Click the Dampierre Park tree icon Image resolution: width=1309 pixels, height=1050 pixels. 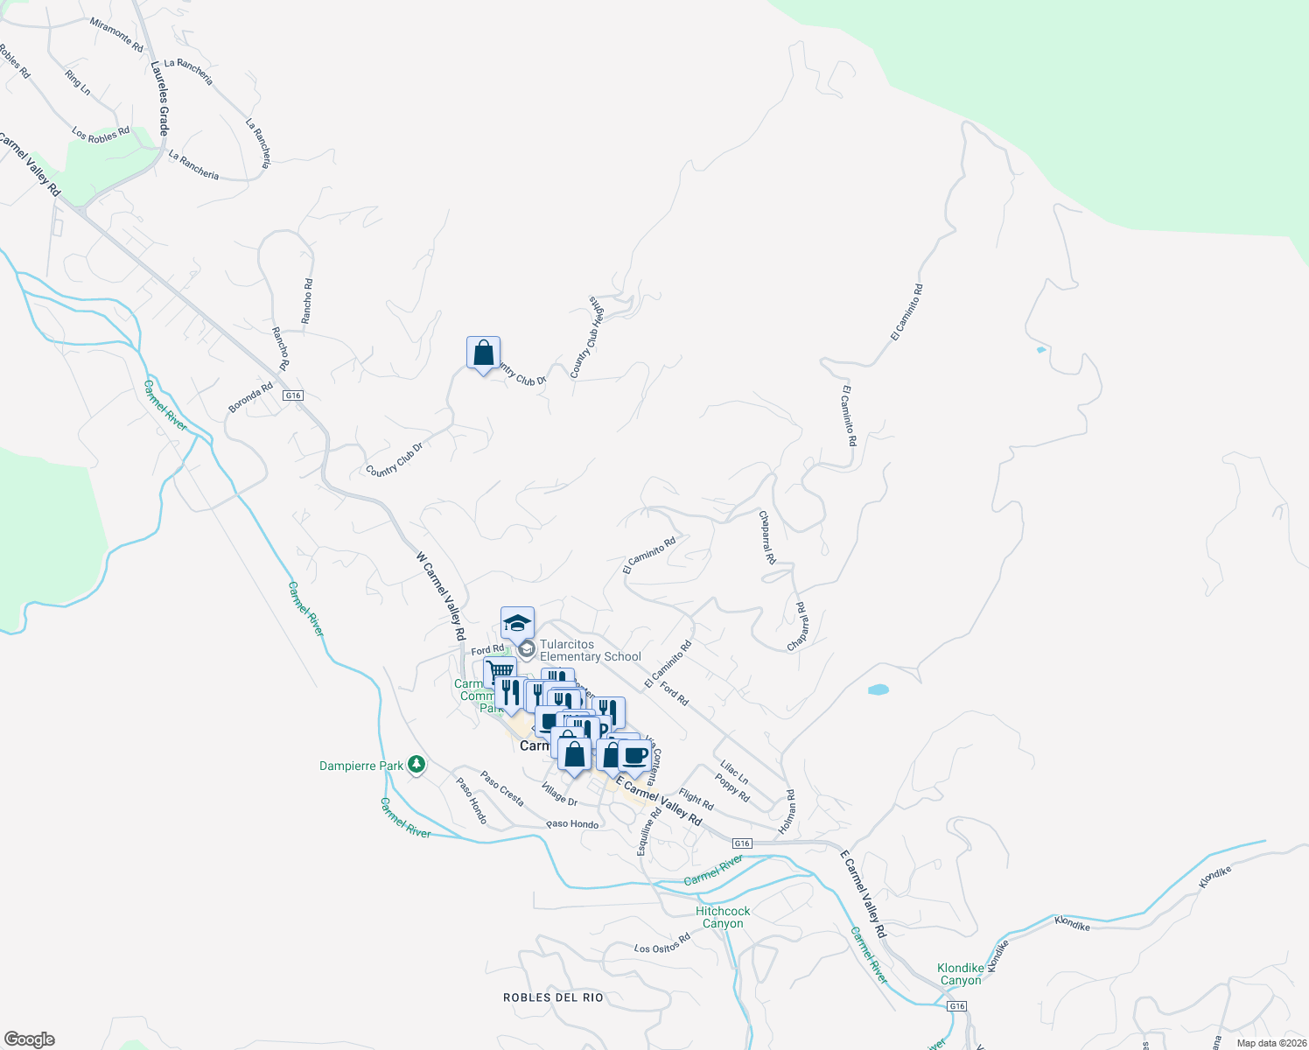click(417, 766)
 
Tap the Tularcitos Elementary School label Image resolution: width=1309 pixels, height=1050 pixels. click(590, 651)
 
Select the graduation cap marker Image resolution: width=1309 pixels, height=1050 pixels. click(517, 624)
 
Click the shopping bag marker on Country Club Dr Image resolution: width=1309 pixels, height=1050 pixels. click(483, 353)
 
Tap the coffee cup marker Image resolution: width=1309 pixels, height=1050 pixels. click(635, 755)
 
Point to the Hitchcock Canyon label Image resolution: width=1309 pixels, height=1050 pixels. click(723, 917)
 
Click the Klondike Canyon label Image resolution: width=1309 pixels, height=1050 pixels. click(961, 974)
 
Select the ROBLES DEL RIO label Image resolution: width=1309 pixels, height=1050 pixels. click(553, 997)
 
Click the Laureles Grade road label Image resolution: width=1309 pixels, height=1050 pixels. click(159, 97)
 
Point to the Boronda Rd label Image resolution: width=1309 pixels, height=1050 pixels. click(250, 397)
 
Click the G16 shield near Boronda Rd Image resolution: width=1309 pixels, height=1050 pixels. click(293, 395)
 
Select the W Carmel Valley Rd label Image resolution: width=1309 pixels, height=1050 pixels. click(439, 596)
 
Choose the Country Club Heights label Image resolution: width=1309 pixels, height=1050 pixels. click(587, 338)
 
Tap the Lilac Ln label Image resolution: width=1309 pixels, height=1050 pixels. click(733, 772)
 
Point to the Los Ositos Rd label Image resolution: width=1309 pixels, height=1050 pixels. click(661, 943)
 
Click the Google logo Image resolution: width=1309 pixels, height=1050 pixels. click(30, 1039)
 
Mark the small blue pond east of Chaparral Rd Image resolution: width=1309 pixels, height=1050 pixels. click(878, 689)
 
